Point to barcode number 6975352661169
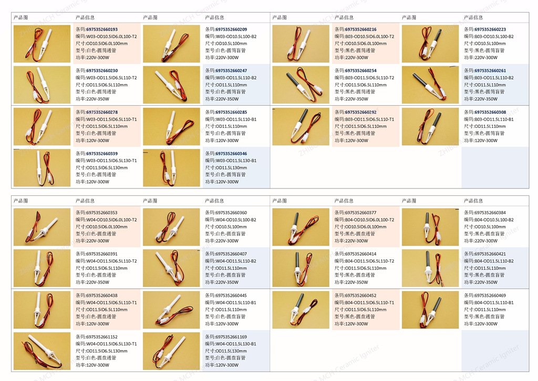tap(231, 337)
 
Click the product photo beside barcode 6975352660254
tap(301, 84)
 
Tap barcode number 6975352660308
tap(490, 112)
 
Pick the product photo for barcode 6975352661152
tap(42, 350)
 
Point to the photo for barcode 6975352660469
tap(430, 309)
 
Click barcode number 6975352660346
tap(231, 154)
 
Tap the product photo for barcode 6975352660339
tap(42, 167)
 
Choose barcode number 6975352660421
tap(490, 254)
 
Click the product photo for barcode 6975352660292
tap(301, 126)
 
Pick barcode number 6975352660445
tap(231, 296)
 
